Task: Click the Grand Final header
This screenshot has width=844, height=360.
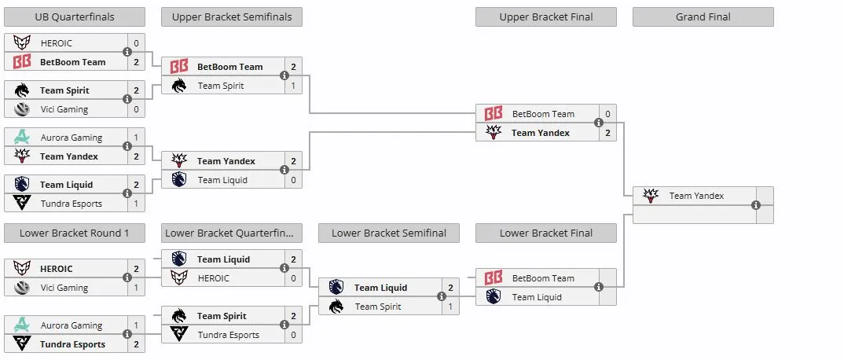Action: [x=703, y=17]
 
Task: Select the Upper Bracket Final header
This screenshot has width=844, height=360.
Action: [x=546, y=17]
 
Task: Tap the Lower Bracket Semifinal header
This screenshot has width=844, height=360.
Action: [x=389, y=233]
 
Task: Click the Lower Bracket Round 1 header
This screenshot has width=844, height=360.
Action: [x=75, y=233]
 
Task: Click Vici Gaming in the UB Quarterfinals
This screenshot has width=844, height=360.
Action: [x=64, y=109]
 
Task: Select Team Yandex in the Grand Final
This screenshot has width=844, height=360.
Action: [x=696, y=196]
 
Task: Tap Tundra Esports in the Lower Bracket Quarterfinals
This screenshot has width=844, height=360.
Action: [x=228, y=335]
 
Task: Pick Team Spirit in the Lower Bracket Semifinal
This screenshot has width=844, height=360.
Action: [x=378, y=307]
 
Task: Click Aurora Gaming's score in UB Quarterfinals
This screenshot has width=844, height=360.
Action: [x=136, y=138]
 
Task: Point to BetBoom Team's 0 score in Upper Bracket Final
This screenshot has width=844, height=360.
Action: [x=607, y=114]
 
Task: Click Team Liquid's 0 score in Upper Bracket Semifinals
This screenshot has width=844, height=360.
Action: [x=293, y=180]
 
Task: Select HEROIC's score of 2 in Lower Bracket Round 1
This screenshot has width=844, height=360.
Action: [x=136, y=269]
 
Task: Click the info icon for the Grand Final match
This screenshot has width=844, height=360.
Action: [x=756, y=205]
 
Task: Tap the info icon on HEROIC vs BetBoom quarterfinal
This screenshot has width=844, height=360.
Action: [x=127, y=52]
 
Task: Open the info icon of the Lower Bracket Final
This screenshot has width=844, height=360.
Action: [x=599, y=288]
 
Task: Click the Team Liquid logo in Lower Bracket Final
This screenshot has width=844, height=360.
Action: [x=493, y=296]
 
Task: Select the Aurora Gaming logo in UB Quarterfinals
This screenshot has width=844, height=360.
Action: [x=21, y=138]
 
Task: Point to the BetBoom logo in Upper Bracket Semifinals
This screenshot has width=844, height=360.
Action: [x=178, y=67]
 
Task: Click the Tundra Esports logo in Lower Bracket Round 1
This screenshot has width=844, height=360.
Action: [x=21, y=343]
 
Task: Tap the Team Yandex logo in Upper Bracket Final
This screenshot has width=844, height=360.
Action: [x=493, y=132]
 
